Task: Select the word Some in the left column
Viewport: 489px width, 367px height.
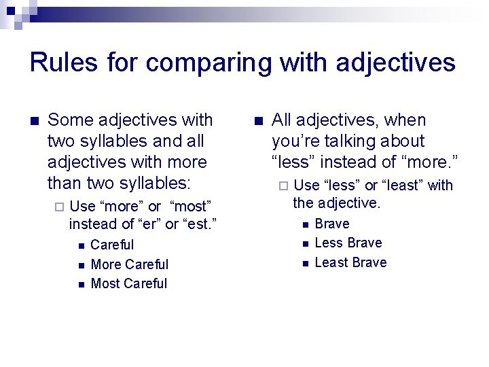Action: tap(71, 120)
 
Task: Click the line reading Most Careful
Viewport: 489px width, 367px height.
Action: tap(129, 283)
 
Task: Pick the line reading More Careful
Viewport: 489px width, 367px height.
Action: tap(129, 264)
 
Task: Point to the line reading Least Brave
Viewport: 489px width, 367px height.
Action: tap(350, 262)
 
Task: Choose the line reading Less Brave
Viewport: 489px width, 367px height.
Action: tap(348, 243)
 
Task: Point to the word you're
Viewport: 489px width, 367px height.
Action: tap(296, 141)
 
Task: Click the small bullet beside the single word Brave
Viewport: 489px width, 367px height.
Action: tap(306, 224)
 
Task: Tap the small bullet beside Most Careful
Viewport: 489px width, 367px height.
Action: tap(81, 284)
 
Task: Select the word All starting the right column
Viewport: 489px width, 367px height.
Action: tap(282, 120)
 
